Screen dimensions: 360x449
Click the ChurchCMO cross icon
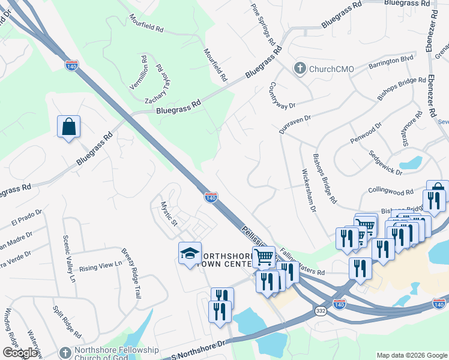(300, 68)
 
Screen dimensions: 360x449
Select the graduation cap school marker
(190, 253)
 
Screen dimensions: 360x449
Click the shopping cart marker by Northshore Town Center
(264, 257)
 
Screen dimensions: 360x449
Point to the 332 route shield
(320, 311)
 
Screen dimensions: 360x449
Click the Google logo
(20, 353)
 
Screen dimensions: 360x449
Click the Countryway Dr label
(283, 95)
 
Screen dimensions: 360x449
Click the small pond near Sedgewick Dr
(411, 162)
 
